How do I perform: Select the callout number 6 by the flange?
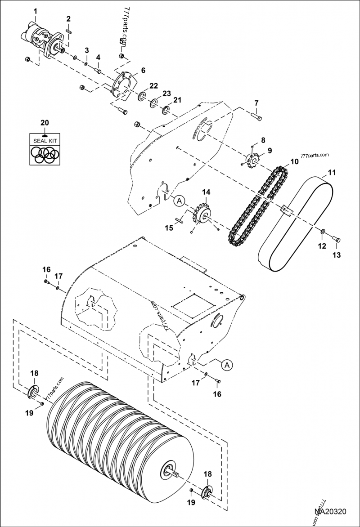click(x=143, y=71)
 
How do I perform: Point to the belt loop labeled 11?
click(x=295, y=223)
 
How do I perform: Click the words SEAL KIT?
click(x=44, y=140)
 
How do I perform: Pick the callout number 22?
click(x=153, y=86)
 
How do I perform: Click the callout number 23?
click(x=167, y=94)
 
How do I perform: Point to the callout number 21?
click(x=178, y=100)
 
